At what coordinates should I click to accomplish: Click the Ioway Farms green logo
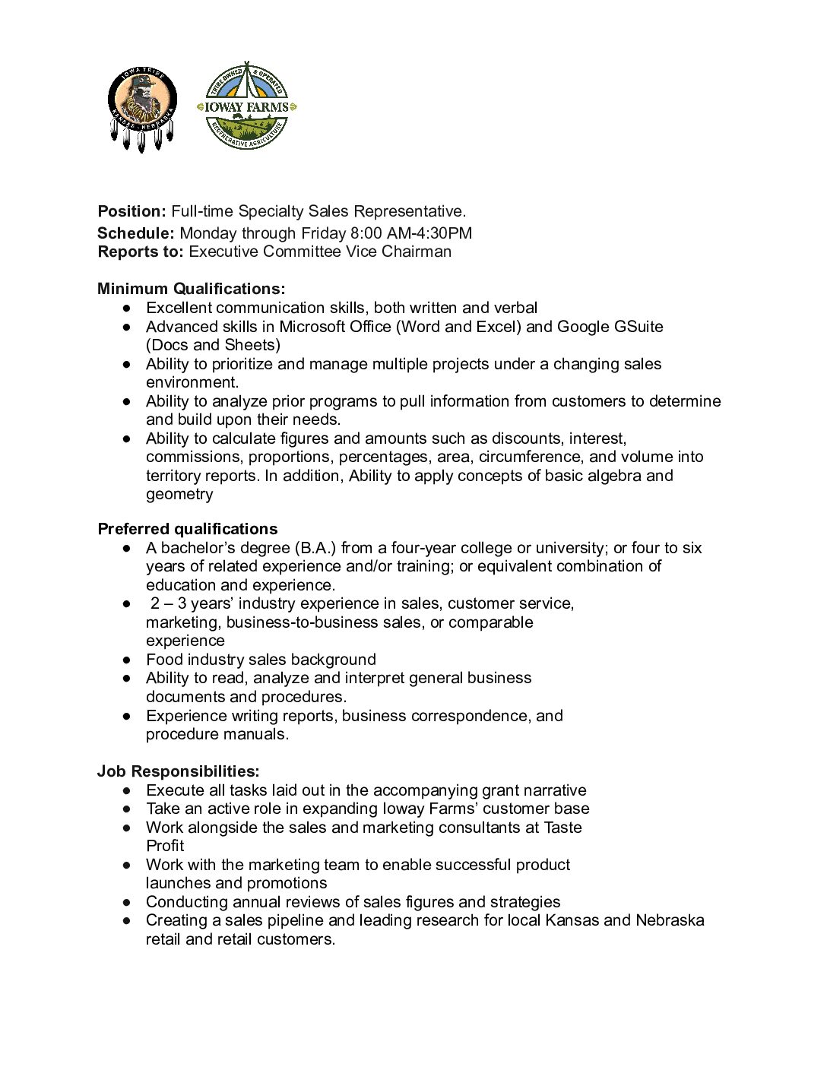(246, 107)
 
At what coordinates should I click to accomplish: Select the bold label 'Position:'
(131, 211)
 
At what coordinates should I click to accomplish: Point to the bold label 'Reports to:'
(141, 252)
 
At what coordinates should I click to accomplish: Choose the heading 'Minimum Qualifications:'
(192, 289)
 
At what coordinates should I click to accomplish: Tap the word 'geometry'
(179, 494)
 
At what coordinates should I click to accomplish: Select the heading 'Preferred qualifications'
(188, 529)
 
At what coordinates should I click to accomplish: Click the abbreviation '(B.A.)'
(315, 548)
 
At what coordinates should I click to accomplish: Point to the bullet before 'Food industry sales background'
(127, 660)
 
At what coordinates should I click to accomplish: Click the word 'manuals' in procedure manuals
(253, 734)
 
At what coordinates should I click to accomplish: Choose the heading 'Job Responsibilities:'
(179, 771)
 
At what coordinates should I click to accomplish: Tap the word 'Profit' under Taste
(165, 846)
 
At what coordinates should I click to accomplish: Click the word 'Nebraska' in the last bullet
(670, 920)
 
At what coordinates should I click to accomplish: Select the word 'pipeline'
(296, 920)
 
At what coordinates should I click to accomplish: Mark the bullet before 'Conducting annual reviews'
(127, 902)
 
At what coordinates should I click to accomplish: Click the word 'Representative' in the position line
(407, 211)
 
